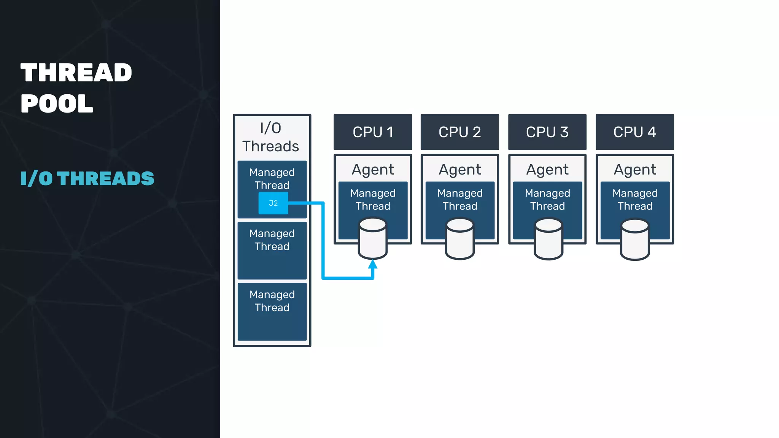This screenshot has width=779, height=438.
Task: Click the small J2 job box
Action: point(273,203)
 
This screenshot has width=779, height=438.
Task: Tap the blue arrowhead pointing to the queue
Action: point(373,264)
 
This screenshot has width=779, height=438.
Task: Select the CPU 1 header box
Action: point(373,132)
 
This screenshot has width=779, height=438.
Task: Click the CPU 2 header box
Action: point(459,132)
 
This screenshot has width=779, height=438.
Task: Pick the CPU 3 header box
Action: point(547,132)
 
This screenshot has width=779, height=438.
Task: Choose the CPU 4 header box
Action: point(634,132)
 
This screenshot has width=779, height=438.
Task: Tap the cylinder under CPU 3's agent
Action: point(548,239)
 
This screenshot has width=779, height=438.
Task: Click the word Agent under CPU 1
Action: point(373,170)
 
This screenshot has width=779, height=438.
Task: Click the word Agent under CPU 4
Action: point(635,170)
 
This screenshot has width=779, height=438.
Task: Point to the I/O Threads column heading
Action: point(271,137)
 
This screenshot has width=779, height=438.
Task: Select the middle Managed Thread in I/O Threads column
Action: point(272,240)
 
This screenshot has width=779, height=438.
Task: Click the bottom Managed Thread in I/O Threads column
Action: point(272,301)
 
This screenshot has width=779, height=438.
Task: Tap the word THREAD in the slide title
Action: point(76,73)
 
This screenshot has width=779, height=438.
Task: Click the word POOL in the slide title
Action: point(57,103)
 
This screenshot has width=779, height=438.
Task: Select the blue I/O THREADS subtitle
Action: point(87,178)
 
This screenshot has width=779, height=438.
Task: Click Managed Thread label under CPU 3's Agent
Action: point(547,200)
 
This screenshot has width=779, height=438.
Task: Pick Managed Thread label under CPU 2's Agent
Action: point(460,200)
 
